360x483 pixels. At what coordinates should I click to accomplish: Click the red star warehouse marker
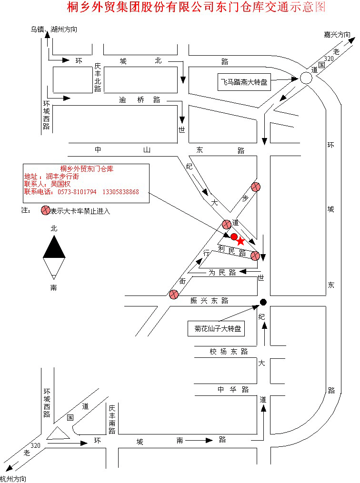(x=240, y=241)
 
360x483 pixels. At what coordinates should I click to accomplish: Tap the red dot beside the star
(x=234, y=237)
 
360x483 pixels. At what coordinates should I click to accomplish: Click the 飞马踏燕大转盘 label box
(x=243, y=82)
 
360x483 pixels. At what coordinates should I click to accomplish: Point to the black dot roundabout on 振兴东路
(x=263, y=302)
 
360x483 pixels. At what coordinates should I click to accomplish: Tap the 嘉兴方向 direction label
(x=337, y=35)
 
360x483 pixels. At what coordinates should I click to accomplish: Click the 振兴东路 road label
(x=209, y=301)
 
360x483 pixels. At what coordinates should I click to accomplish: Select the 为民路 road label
(x=222, y=273)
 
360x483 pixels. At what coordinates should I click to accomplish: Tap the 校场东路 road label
(x=229, y=352)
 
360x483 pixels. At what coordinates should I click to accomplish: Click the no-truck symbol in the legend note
(x=46, y=210)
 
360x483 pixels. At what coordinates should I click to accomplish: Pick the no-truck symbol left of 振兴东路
(x=173, y=295)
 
